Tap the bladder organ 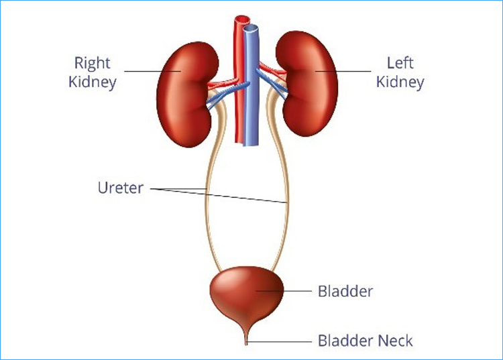click(247, 295)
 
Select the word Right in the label click(92, 63)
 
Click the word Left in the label click(400, 63)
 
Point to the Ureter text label click(121, 188)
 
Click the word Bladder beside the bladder click(345, 292)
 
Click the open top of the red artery click(242, 19)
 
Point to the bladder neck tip click(246, 344)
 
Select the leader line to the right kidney click(153, 71)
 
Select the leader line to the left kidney click(343, 71)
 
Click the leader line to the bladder click(284, 291)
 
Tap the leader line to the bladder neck click(279, 341)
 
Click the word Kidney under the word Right click(93, 82)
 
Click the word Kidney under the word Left click(400, 82)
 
